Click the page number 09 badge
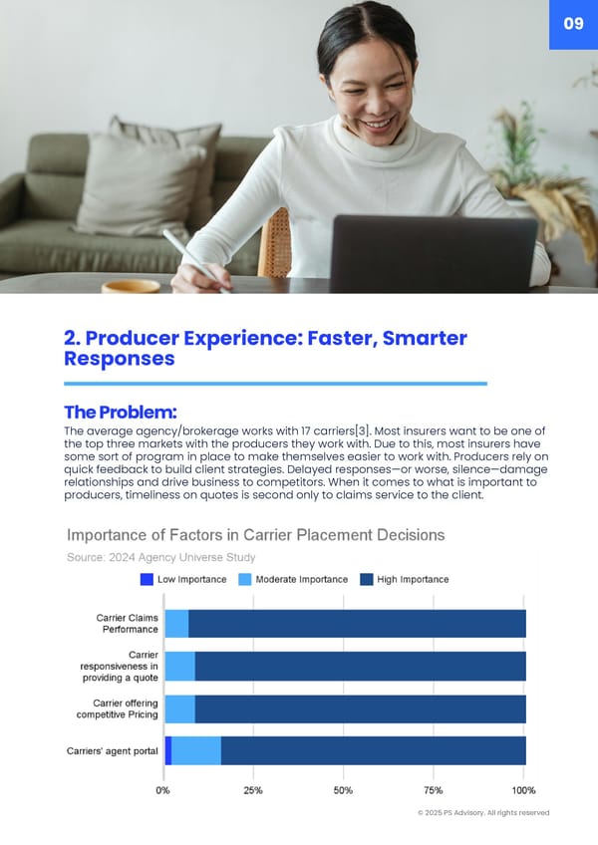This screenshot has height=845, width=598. click(573, 24)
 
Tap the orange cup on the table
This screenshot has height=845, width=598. click(131, 286)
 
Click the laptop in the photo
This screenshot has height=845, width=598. click(434, 254)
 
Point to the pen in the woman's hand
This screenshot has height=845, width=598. click(195, 260)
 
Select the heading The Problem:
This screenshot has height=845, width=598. click(121, 413)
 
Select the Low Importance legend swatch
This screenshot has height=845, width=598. click(147, 579)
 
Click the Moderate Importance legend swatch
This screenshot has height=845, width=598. click(245, 579)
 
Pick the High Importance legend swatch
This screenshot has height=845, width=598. click(367, 579)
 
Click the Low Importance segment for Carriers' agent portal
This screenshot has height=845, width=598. click(168, 750)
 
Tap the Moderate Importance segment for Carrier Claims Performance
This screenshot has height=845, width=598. click(176, 624)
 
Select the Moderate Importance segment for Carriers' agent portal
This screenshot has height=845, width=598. click(196, 750)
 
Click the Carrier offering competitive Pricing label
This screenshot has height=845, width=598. click(118, 708)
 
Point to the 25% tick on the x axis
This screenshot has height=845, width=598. click(253, 790)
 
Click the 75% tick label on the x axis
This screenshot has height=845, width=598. click(433, 790)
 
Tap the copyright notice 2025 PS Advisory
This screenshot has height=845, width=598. click(483, 813)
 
